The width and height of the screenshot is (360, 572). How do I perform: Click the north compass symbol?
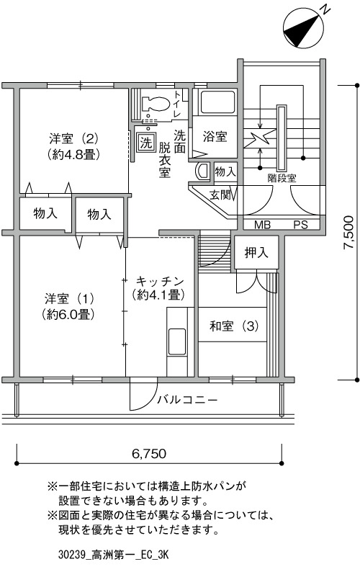pyautogui.click(x=303, y=28)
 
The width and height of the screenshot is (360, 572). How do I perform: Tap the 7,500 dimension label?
pyautogui.click(x=348, y=232)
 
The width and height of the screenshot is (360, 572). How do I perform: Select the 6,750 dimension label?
pyautogui.click(x=149, y=453)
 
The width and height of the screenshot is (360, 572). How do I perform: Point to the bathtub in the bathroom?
pyautogui.click(x=218, y=102)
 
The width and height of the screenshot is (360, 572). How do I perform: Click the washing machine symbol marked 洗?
pyautogui.click(x=146, y=142)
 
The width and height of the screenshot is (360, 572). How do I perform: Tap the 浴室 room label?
pyautogui.click(x=215, y=136)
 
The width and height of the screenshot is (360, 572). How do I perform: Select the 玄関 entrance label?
pyautogui.click(x=220, y=195)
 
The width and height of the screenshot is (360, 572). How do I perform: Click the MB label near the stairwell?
pyautogui.click(x=262, y=225)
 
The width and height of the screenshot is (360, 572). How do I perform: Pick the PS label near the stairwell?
pyautogui.click(x=300, y=225)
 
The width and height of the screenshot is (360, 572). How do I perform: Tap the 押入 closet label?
pyautogui.click(x=256, y=252)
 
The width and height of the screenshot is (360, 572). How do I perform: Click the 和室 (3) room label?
pyautogui.click(x=234, y=326)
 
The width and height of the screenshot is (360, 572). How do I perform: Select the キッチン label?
pyautogui.click(x=159, y=282)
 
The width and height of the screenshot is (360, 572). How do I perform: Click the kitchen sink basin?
pyautogui.click(x=177, y=341)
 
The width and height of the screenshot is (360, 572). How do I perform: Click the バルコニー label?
pyautogui.click(x=187, y=400)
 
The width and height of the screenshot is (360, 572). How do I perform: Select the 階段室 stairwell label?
pyautogui.click(x=282, y=178)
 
